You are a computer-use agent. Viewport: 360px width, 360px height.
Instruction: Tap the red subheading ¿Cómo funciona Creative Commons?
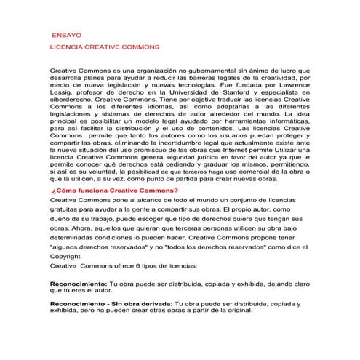click(115, 191)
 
